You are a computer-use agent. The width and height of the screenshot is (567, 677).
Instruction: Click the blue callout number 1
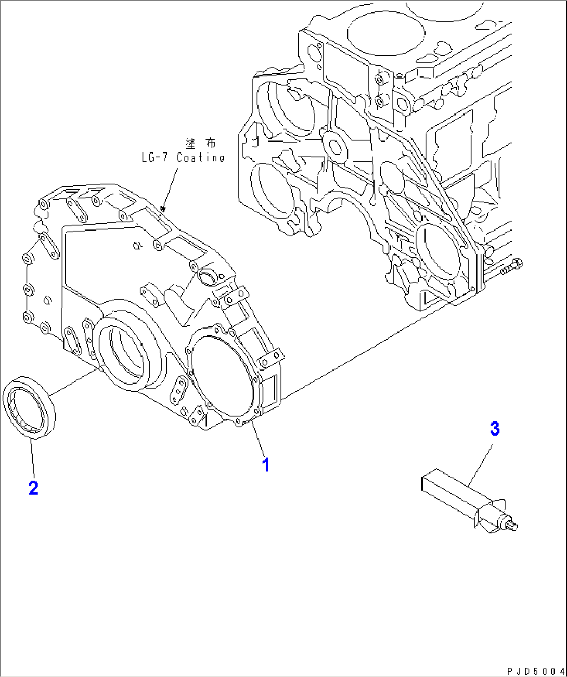coord(266,465)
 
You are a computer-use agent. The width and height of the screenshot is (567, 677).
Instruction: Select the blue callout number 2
coord(33,488)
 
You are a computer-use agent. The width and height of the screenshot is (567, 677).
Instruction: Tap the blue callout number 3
coord(495,429)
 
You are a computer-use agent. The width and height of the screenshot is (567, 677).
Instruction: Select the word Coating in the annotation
coord(200,158)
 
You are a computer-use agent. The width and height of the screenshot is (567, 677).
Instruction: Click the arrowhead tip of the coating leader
coord(163,209)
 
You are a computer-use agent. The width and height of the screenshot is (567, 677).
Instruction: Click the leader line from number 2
coord(32,458)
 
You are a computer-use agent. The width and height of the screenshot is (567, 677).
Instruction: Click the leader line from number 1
coord(259,440)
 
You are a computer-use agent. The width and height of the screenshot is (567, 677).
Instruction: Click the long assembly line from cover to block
coord(364,354)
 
